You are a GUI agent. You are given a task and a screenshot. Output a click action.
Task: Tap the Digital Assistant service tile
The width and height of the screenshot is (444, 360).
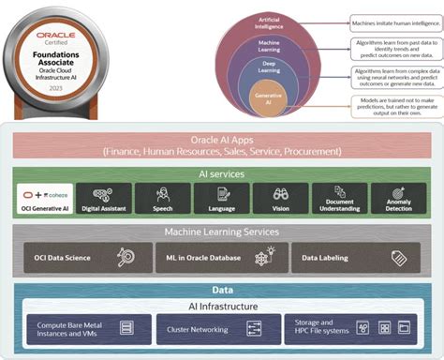click(102, 199)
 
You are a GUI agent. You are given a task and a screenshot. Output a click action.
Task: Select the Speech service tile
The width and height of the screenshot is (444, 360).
click(162, 199)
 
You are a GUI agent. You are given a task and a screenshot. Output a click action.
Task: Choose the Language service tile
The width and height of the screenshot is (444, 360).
click(221, 199)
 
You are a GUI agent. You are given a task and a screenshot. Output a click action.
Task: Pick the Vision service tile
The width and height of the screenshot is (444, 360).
click(280, 199)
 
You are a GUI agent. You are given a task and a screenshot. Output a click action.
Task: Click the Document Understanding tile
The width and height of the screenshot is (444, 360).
click(339, 199)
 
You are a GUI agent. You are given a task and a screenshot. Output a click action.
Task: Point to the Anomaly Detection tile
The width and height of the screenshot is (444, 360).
click(399, 199)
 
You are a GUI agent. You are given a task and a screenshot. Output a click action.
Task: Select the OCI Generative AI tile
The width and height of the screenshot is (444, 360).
click(45, 199)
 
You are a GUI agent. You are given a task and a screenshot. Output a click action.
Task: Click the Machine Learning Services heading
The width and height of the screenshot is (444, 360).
click(222, 231)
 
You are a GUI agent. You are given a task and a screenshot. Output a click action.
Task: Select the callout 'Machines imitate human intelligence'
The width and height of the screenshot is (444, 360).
click(394, 23)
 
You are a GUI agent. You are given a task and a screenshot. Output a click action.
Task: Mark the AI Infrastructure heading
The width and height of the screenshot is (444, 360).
click(222, 306)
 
